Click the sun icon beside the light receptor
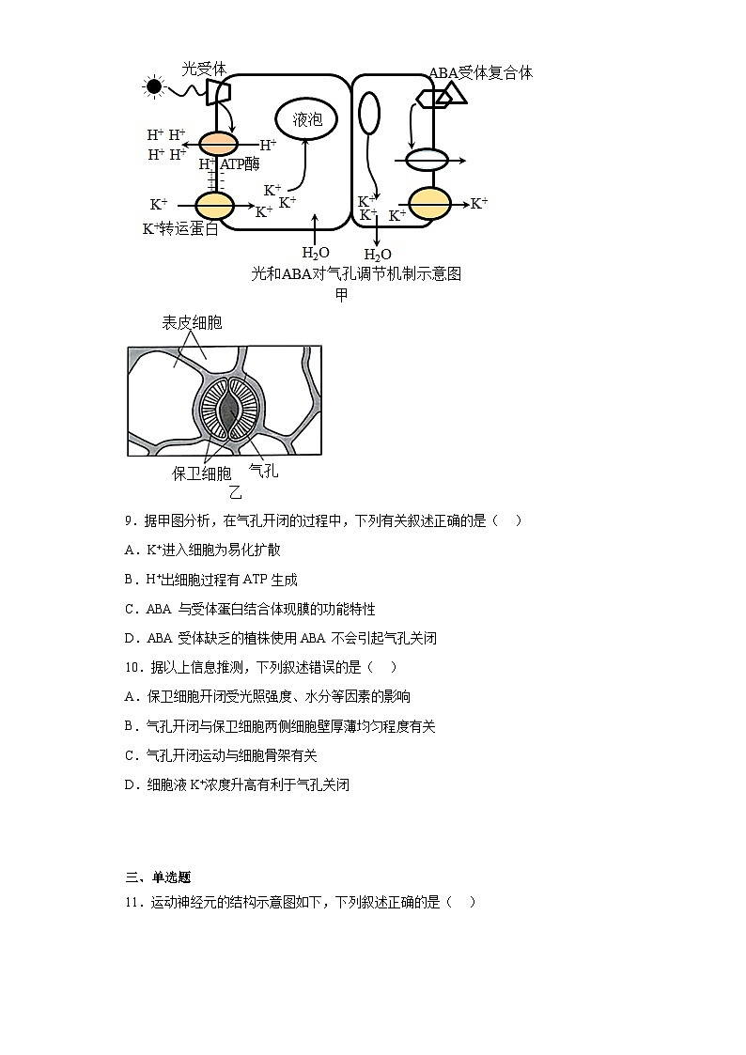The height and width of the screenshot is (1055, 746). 153,87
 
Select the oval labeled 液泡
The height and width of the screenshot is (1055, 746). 306,119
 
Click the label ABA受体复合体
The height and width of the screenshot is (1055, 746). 480,72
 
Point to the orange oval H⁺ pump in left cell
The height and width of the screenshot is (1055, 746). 217,144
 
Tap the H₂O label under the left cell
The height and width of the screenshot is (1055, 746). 315,253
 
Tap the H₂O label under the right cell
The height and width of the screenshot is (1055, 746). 377,255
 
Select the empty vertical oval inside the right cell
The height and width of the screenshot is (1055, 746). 370,114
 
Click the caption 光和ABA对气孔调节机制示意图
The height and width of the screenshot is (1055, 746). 356,273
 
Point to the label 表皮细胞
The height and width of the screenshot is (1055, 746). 192,322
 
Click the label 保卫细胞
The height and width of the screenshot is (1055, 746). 201,473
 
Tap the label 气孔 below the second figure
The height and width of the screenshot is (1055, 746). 263,471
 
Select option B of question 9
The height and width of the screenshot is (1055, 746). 210,580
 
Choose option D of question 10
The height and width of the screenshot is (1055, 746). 237,784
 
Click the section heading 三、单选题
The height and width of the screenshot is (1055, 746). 158,877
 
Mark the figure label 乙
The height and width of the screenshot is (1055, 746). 236,492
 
